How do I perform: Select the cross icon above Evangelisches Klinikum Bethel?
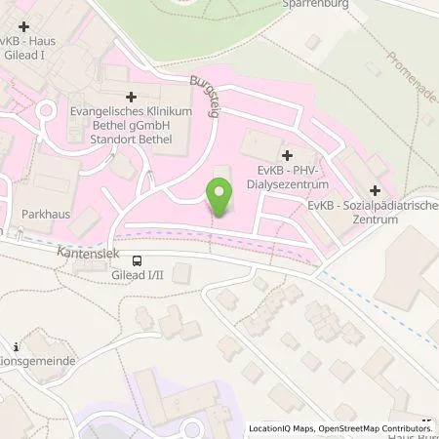pos(131,99)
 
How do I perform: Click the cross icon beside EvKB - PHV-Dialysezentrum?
pos(286,155)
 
